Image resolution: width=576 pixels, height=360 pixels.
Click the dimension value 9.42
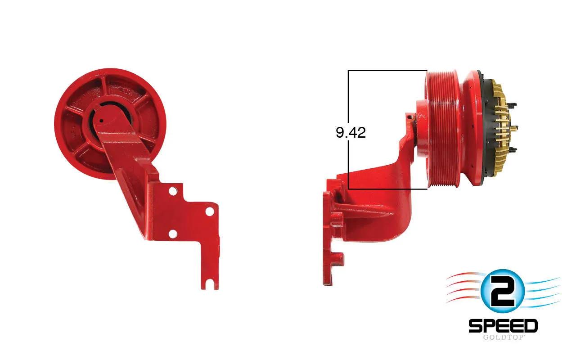351,133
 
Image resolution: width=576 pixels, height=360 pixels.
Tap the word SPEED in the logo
503,326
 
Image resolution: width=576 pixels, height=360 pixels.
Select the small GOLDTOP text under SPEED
503,337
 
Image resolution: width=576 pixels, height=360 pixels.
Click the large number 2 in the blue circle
503,291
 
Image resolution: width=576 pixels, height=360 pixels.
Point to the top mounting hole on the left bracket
173,191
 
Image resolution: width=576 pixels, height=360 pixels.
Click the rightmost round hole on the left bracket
210,211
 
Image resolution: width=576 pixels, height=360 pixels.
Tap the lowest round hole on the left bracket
173,234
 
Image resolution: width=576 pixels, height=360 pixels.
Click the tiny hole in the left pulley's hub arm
102,120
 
